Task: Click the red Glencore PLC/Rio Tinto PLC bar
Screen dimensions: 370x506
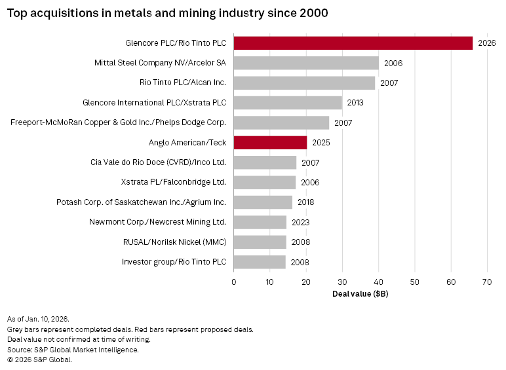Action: coord(353,43)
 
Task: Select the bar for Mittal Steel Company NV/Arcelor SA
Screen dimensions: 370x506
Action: coord(306,63)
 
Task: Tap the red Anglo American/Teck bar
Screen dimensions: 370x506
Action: coord(270,143)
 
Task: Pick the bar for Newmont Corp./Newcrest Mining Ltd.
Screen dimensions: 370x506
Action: coord(260,222)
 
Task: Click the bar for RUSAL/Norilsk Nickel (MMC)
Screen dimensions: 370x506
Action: coord(260,242)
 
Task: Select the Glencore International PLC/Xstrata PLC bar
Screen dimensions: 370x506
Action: coord(288,103)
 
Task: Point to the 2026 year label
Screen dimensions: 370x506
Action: coord(487,43)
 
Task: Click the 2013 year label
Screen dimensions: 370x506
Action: coord(355,103)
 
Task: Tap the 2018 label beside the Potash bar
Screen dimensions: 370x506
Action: coord(306,202)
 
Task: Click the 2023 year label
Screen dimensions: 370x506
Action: coord(300,222)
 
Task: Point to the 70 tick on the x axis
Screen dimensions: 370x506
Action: coord(486,282)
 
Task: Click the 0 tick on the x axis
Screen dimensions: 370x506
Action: coord(234,282)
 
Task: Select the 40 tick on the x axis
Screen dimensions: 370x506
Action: coord(378,282)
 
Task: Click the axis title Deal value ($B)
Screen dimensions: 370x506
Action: coord(360,294)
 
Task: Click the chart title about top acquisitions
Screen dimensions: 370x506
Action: coord(168,12)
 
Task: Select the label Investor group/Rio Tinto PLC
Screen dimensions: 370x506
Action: coord(174,262)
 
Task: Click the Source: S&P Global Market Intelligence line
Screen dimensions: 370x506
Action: coord(73,350)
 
